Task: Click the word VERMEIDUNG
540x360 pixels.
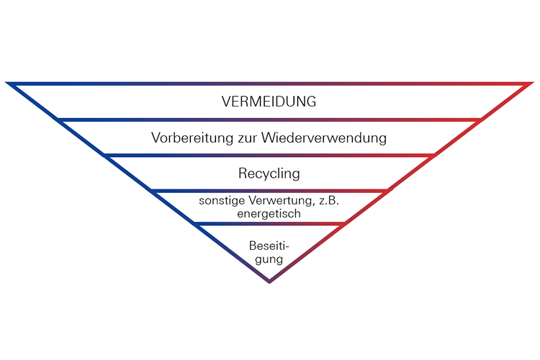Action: tap(269, 102)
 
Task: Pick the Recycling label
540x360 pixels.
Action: tap(269, 174)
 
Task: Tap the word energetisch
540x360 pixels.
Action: tap(269, 214)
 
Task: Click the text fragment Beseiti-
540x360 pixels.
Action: tap(269, 245)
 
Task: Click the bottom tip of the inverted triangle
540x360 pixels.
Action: tap(269, 280)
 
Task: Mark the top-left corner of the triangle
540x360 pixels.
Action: tap(9, 84)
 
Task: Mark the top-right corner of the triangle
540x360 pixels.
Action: tap(531, 84)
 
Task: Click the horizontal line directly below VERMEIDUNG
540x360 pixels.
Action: tap(269, 119)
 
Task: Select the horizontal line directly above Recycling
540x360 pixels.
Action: tap(269, 155)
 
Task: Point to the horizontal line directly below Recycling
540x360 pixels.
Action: tap(269, 190)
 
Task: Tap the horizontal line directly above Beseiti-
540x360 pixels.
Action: tap(269, 223)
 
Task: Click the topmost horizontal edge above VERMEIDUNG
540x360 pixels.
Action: tap(269, 84)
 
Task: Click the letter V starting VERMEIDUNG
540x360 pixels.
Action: tap(227, 102)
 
